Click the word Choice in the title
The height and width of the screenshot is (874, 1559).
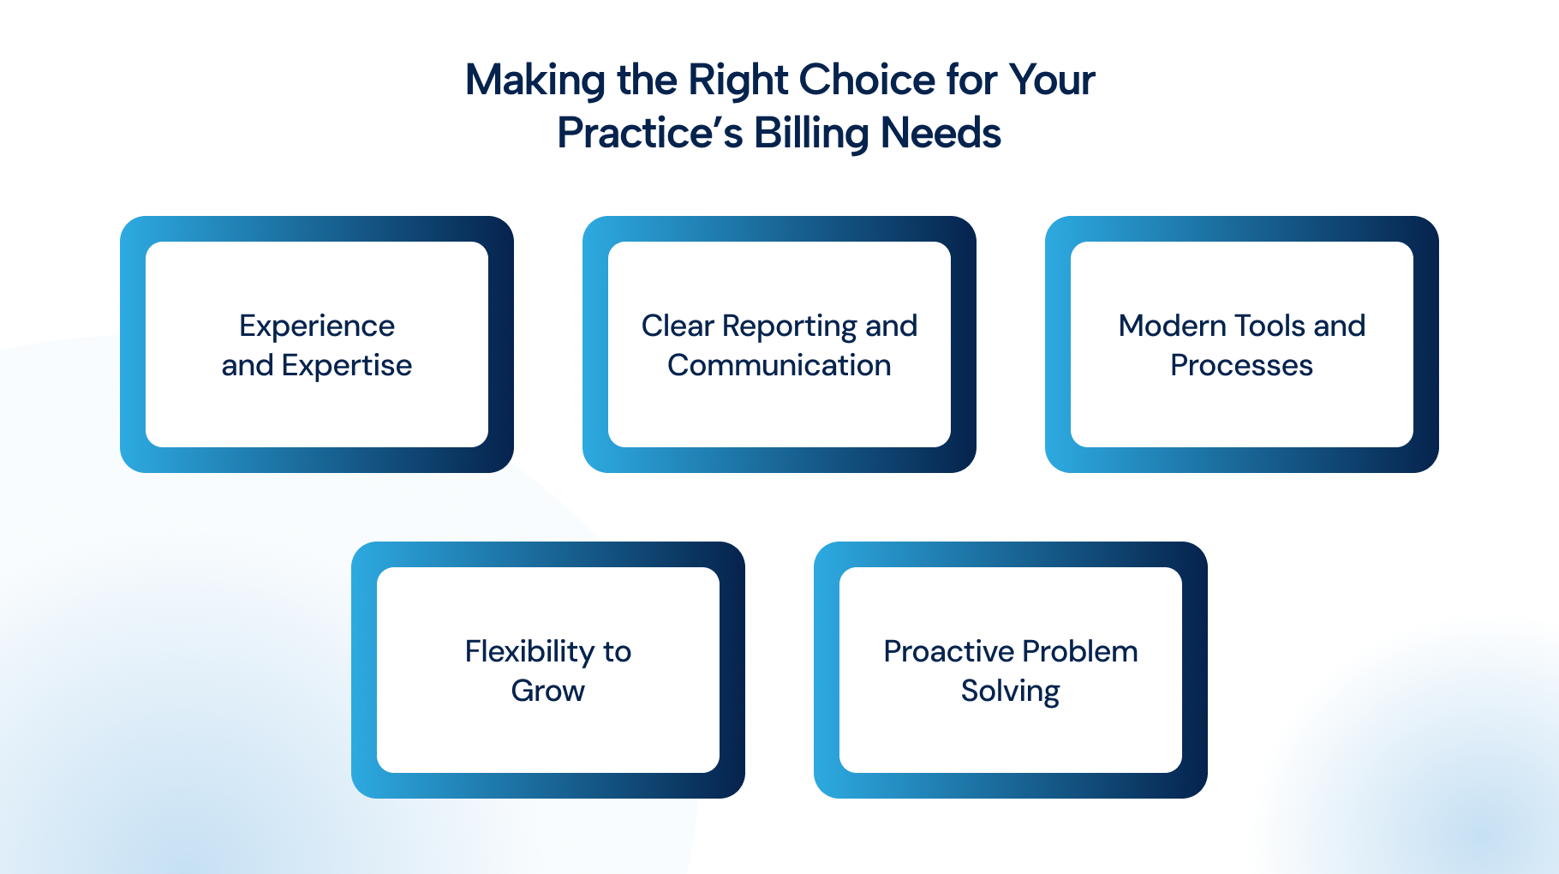[867, 80]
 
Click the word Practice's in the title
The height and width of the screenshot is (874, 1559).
[649, 133]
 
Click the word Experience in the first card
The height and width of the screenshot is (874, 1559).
[317, 326]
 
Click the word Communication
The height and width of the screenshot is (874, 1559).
[779, 365]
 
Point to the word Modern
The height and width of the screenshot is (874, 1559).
[1173, 326]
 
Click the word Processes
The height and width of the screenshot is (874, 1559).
[1241, 365]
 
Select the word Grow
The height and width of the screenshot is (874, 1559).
[548, 691]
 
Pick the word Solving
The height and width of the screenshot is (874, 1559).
[1011, 691]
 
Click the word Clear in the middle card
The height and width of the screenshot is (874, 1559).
[678, 326]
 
